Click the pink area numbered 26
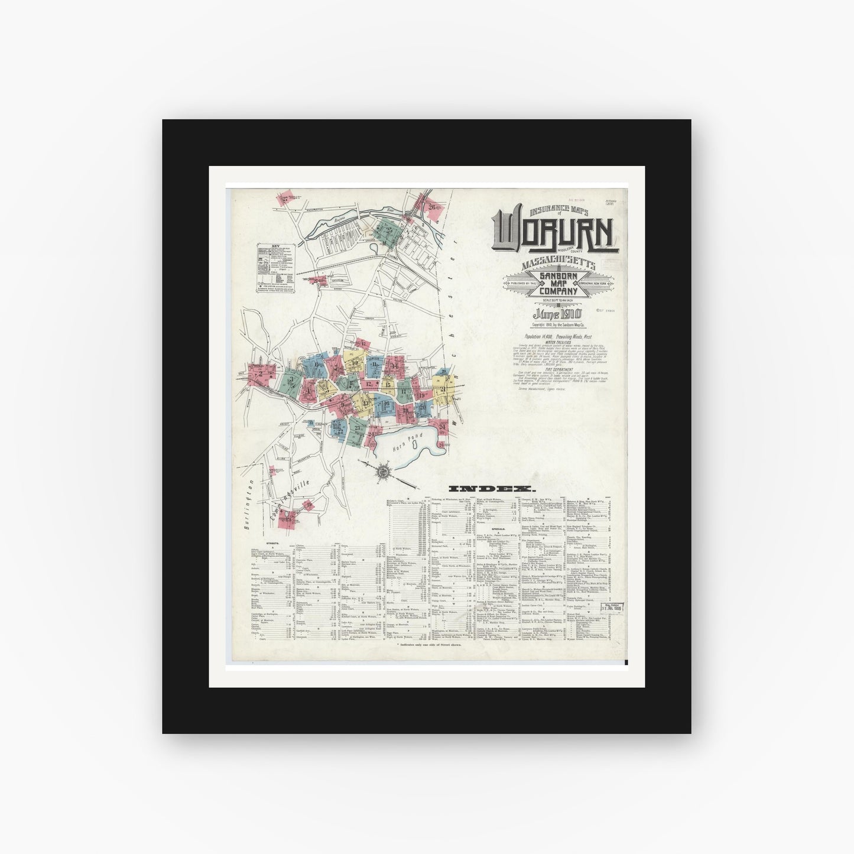coord(433,207)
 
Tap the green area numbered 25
coord(390,230)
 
